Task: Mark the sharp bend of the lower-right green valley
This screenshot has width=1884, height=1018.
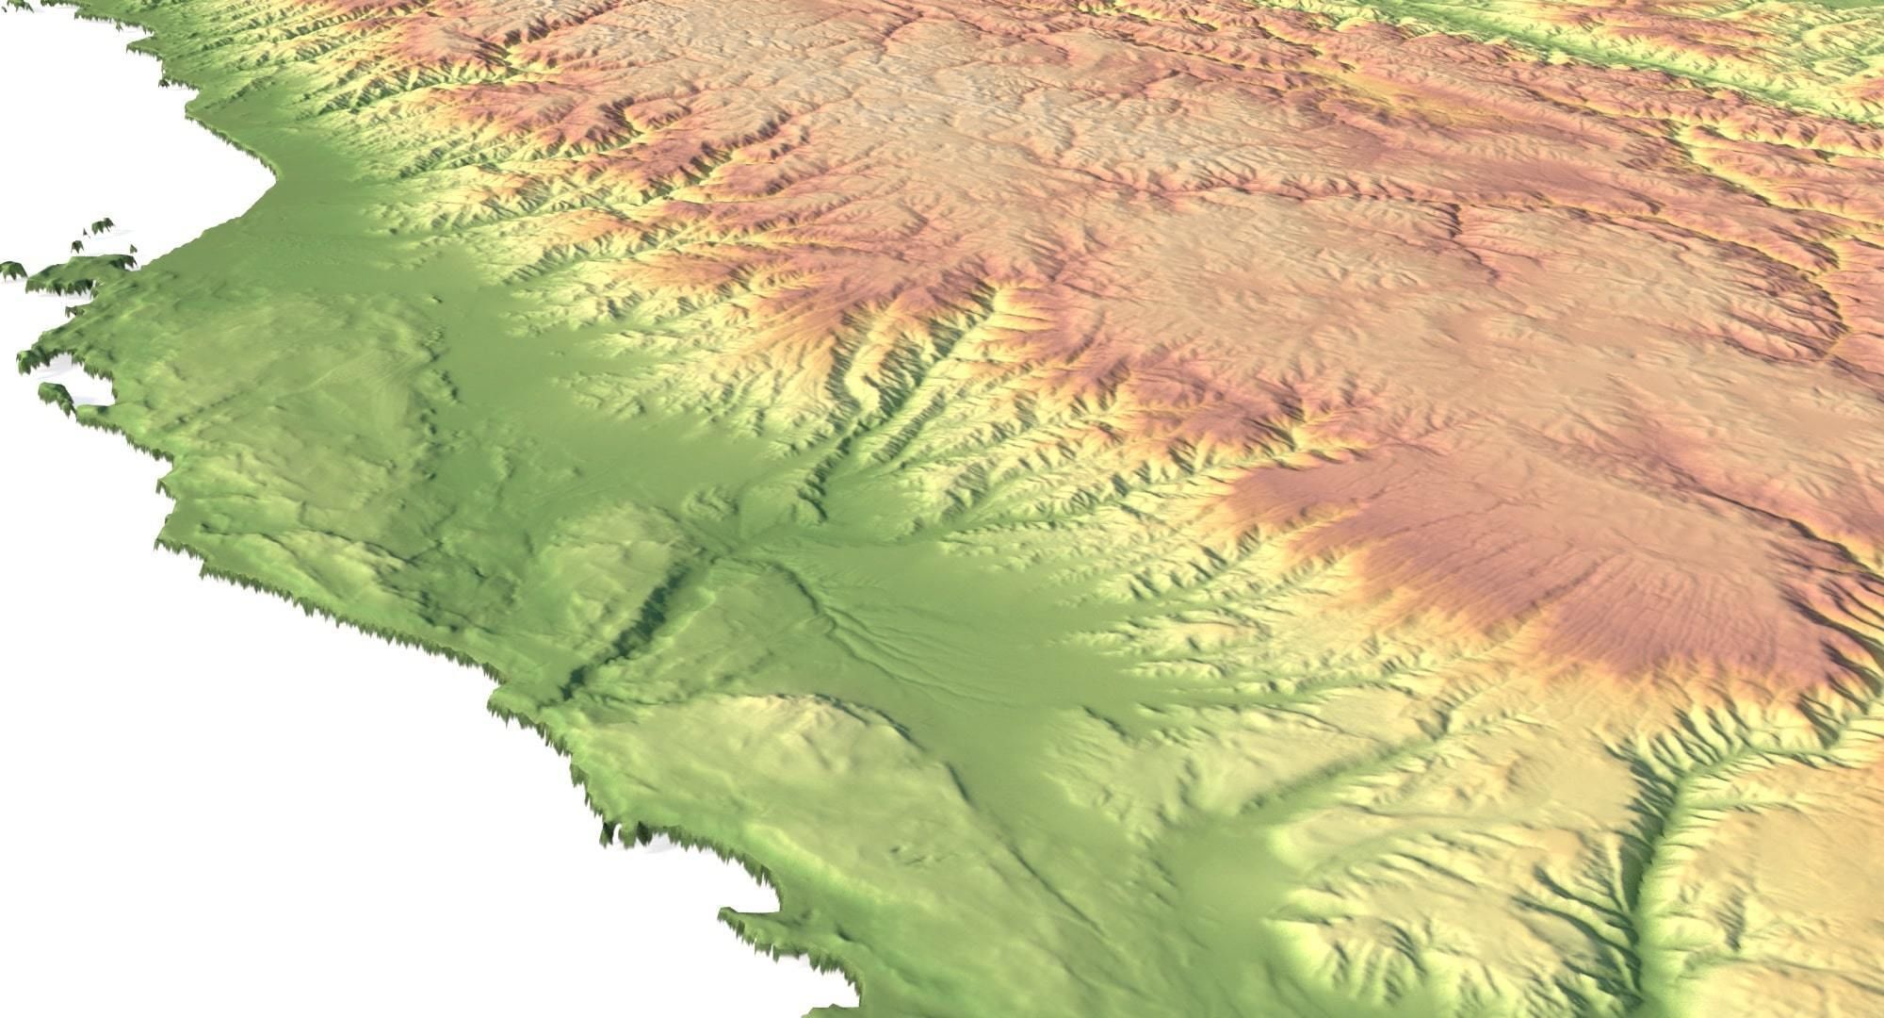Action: (1658, 820)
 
